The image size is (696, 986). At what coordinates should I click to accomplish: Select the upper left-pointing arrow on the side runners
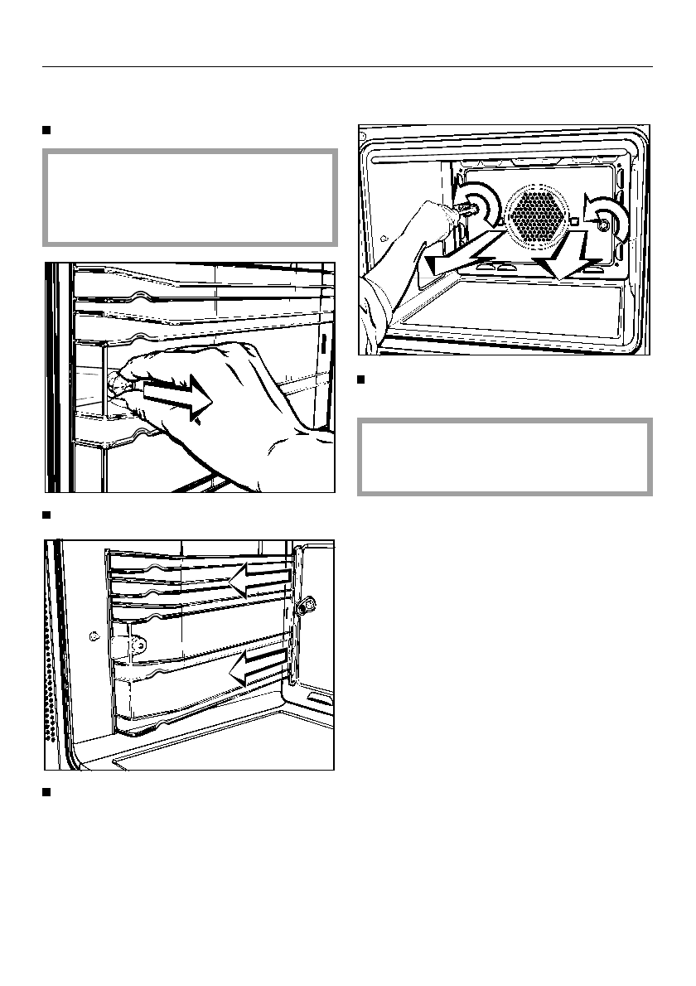click(259, 580)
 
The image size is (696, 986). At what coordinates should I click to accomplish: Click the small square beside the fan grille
click(573, 221)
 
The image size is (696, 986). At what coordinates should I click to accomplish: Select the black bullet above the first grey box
click(47, 130)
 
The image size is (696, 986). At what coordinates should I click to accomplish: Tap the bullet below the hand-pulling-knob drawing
click(47, 515)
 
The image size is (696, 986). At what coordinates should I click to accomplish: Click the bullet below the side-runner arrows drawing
click(47, 793)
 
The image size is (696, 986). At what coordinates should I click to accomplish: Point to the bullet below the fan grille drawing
click(361, 380)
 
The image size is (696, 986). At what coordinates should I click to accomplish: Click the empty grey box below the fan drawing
click(505, 457)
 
